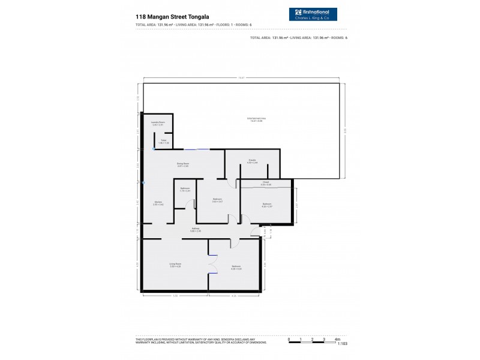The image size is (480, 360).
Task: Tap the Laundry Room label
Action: [x=158, y=124]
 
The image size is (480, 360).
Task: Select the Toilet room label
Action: [x=164, y=142]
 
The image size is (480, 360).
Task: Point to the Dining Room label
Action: [x=183, y=164]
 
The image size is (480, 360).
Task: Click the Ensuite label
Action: [x=253, y=161]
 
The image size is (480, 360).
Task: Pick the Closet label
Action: [x=266, y=184]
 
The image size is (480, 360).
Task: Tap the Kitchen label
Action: [x=158, y=203]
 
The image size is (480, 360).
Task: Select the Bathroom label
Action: [x=185, y=190]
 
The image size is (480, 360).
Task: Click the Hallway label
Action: [x=196, y=229]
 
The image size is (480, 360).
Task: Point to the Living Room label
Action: [x=175, y=265]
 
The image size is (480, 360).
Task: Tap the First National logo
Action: [x=313, y=15]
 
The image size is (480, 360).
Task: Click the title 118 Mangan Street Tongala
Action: [x=173, y=17]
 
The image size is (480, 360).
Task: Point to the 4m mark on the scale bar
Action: [x=337, y=339]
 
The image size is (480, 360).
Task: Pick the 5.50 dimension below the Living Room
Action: [x=175, y=295]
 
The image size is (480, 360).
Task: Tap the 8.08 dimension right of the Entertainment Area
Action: [x=345, y=130]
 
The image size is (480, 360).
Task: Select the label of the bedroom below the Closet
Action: [x=266, y=205]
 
